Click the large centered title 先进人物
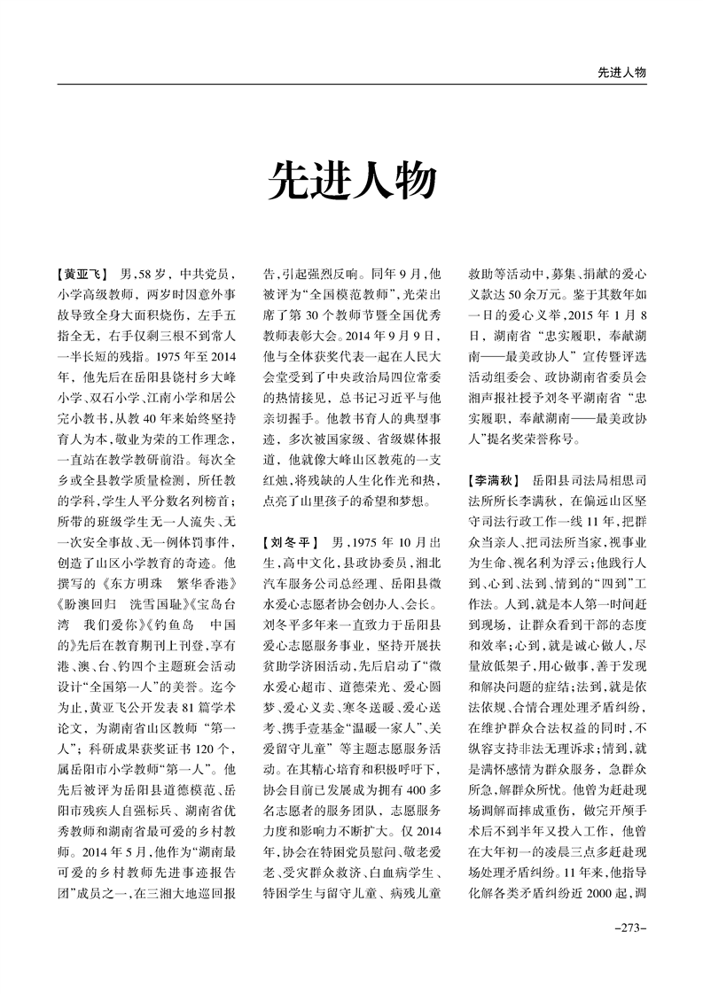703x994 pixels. click(x=352, y=180)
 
